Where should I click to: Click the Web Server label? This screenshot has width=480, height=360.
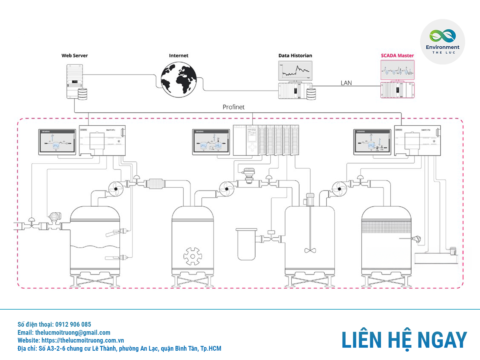coord(74,55)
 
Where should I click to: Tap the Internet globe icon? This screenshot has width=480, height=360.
coord(178,79)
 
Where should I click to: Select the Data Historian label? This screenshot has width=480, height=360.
coord(295,55)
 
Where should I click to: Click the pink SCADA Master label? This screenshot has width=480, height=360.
coord(397,55)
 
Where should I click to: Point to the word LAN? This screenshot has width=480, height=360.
coord(346,83)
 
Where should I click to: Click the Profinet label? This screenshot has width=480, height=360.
coord(233,107)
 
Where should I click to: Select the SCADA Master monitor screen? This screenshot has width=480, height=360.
coord(397,70)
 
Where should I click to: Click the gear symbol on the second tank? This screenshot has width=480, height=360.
coord(193,256)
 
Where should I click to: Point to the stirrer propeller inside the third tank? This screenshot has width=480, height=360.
coord(310,250)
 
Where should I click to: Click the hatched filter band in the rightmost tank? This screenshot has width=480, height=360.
coord(386,226)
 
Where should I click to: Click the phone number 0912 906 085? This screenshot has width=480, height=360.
coord(73,324)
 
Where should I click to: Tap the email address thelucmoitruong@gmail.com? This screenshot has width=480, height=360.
coord(73,332)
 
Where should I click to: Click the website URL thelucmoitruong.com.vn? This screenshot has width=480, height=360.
coord(82,340)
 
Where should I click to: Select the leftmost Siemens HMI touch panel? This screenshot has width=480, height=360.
coord(57,142)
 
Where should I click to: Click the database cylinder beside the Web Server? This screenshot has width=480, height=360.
coord(82,94)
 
